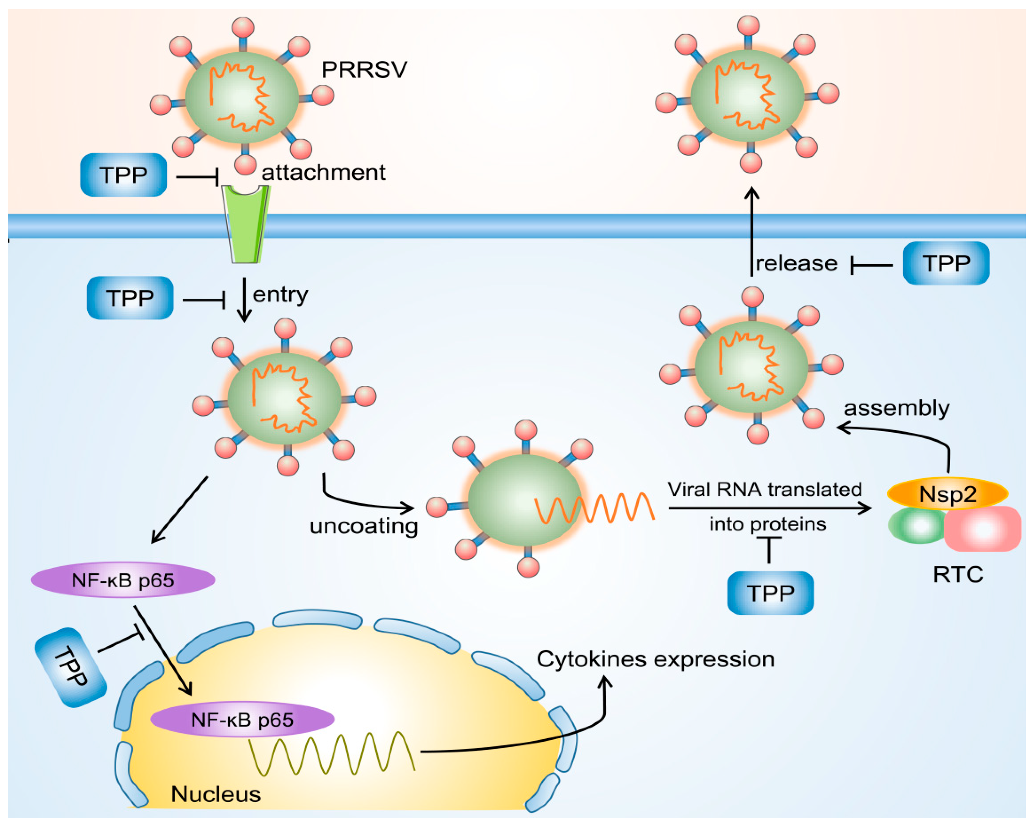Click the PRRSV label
364,69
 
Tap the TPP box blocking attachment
123,175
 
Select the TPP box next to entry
130,298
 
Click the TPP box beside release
946,263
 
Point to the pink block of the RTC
982,529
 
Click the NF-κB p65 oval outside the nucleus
123,580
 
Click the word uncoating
363,526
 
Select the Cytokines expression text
655,659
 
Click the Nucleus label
215,794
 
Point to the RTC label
958,575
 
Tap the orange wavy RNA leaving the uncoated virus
595,508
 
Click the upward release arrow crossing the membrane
752,231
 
